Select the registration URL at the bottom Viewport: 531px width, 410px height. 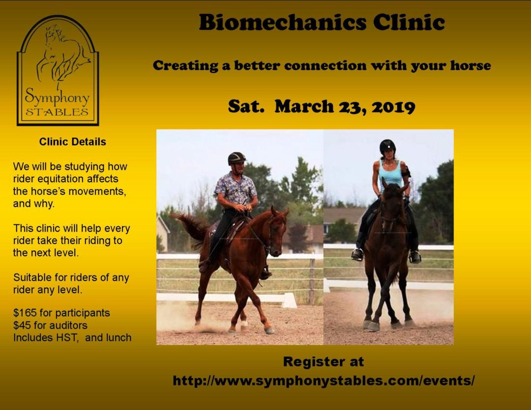(x=323, y=381)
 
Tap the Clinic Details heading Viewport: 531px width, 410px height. (x=73, y=142)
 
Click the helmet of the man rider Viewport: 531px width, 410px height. (x=236, y=158)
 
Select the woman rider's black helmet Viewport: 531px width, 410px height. (x=387, y=146)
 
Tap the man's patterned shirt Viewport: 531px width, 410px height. (x=236, y=189)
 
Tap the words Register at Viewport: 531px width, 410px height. (x=323, y=362)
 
